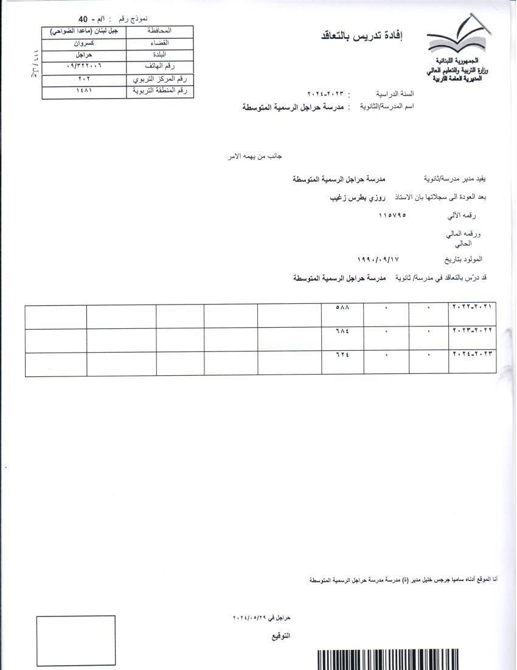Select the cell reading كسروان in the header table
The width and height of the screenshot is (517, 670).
(84, 43)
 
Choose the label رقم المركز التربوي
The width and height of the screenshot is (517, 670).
(159, 80)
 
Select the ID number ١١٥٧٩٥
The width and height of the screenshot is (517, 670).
(391, 215)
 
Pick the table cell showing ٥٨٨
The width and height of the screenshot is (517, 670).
(342, 308)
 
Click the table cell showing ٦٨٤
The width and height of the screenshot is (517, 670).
(342, 331)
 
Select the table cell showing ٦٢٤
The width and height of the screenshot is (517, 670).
(342, 354)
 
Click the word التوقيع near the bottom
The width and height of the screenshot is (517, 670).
(280, 636)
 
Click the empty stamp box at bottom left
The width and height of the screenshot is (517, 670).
(75, 640)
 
